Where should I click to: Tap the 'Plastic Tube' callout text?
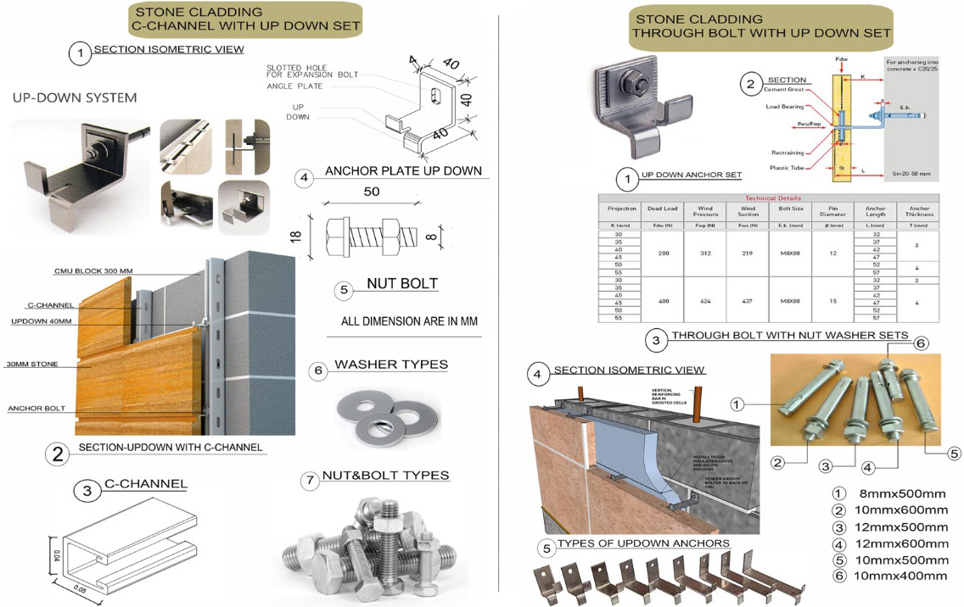pyautogui.click(x=787, y=167)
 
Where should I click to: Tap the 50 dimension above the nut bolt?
pyautogui.click(x=372, y=192)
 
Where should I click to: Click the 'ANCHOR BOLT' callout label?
pyautogui.click(x=36, y=409)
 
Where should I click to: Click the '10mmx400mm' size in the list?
pyautogui.click(x=900, y=576)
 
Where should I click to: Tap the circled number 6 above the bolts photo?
pyautogui.click(x=921, y=343)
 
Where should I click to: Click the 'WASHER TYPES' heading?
pyautogui.click(x=391, y=365)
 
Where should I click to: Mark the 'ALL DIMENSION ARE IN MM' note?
pyautogui.click(x=403, y=322)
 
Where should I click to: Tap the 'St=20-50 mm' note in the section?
pyautogui.click(x=908, y=174)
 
